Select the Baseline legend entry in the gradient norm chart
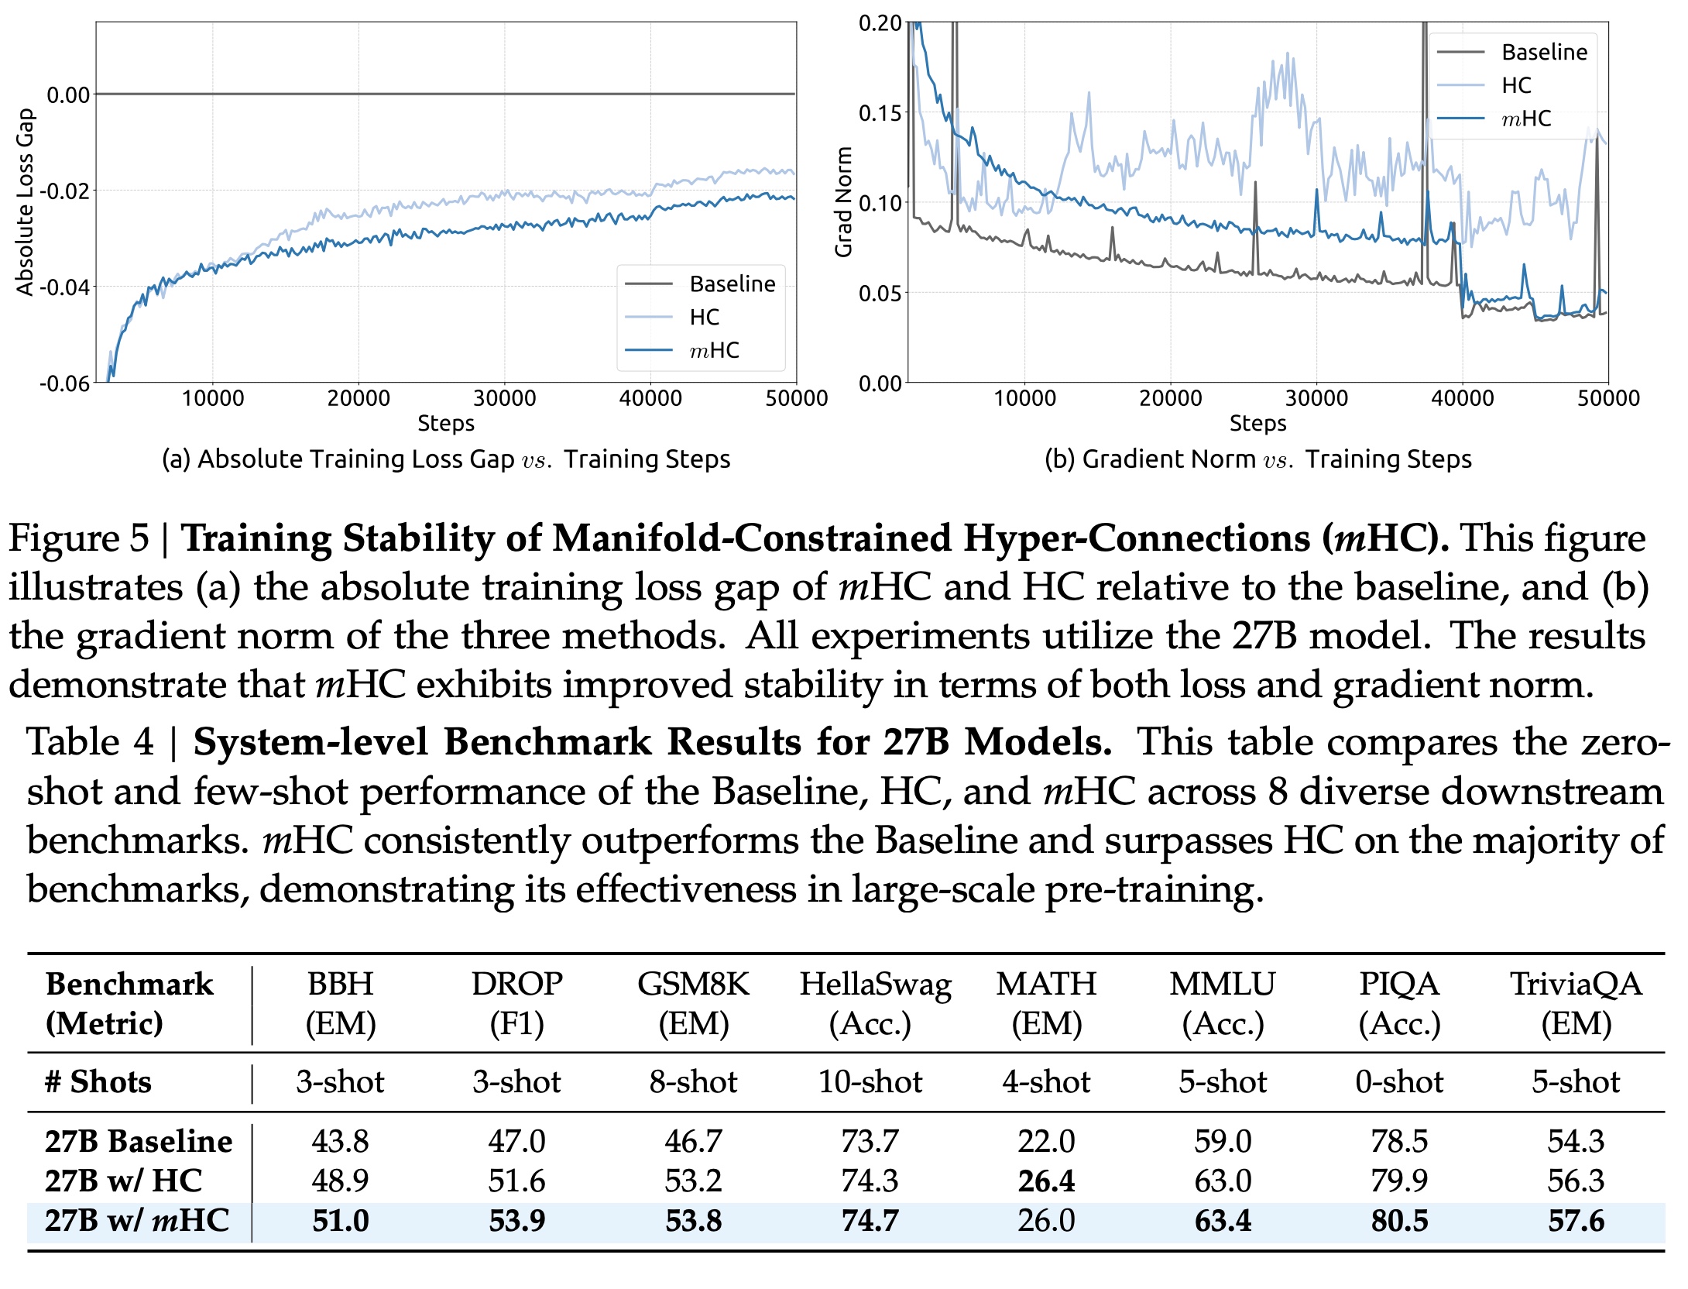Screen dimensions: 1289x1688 1543,52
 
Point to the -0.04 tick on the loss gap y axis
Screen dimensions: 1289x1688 65,287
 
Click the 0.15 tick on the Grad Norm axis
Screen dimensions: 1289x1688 880,113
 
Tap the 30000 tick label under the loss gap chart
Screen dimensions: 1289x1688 504,398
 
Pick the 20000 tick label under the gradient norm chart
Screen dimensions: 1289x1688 1170,398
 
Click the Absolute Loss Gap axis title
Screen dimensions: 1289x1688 26,201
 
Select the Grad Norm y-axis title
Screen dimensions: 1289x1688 844,201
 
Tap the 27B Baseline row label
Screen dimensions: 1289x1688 139,1141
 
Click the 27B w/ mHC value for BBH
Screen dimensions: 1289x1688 341,1221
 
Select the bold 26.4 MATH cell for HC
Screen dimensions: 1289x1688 1046,1181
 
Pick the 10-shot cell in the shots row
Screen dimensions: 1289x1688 870,1081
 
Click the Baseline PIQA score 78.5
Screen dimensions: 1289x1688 1399,1141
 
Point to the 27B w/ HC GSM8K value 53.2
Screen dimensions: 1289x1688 693,1181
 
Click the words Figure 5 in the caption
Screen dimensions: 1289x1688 78,538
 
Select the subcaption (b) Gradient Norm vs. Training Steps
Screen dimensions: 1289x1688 1257,459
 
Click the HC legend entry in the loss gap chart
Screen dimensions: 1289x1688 704,318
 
